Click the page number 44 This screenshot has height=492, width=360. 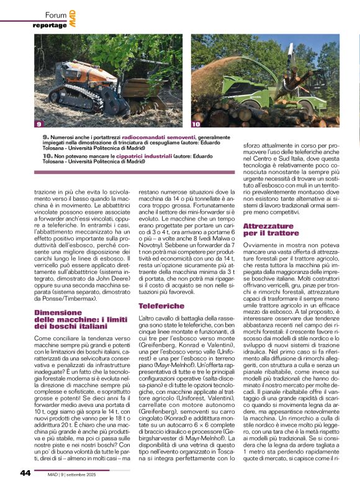24,473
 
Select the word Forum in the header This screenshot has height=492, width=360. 56,15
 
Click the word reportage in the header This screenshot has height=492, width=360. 50,25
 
